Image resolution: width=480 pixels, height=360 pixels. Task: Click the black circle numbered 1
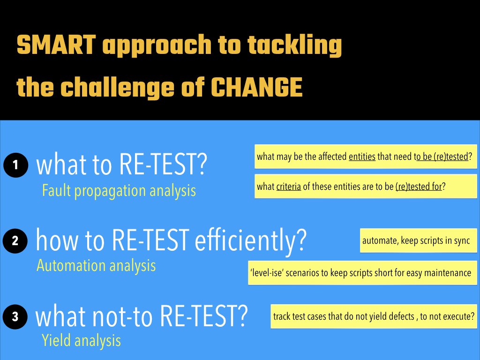[15, 165]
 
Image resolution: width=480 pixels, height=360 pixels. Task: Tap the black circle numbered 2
[15, 241]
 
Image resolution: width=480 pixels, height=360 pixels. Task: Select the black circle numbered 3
[15, 316]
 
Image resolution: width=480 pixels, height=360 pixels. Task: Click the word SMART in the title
[56, 45]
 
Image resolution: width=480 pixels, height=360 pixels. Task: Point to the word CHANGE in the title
[257, 87]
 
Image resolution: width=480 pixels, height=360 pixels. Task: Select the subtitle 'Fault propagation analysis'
[119, 191]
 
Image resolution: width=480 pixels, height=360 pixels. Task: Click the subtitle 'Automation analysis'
[96, 266]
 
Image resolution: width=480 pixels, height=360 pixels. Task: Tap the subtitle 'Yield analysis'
[82, 341]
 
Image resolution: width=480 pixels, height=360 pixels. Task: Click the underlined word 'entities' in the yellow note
[362, 157]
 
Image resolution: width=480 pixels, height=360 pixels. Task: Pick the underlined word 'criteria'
[289, 187]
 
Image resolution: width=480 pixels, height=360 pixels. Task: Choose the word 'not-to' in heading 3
[122, 316]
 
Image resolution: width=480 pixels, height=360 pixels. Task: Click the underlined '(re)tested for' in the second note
[419, 187]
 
